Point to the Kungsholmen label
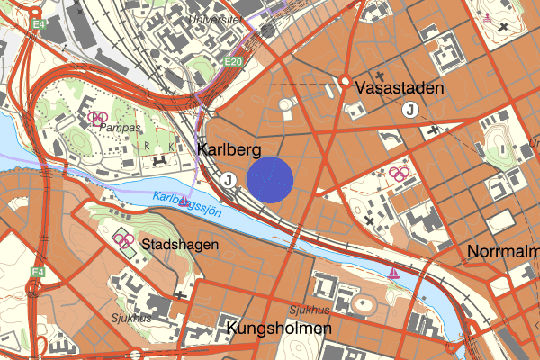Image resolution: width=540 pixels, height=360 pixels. [280, 328]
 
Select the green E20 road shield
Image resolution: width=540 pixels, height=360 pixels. [235, 61]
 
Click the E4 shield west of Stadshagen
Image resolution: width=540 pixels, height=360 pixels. [37, 271]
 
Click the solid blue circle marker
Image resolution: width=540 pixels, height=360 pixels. [271, 177]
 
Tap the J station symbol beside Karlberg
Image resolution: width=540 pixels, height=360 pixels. [229, 180]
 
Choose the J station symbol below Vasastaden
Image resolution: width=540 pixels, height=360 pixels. [411, 110]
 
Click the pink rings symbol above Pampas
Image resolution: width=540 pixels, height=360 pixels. [99, 117]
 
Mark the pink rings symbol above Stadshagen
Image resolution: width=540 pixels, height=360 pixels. [124, 239]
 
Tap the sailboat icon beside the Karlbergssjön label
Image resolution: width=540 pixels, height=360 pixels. [184, 200]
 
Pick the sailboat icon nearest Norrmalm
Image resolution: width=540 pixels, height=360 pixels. [393, 272]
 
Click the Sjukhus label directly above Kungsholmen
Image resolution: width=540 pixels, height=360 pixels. [309, 310]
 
